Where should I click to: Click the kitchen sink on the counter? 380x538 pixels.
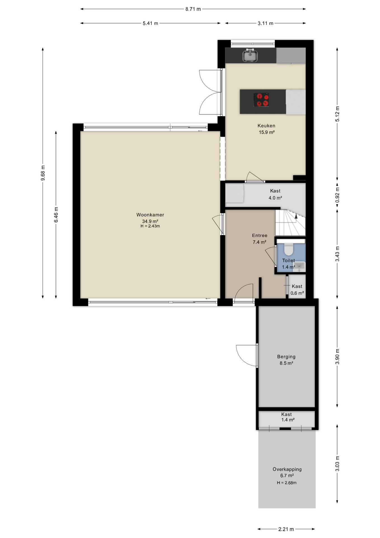click(x=250, y=55)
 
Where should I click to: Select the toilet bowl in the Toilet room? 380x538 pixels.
click(x=288, y=249)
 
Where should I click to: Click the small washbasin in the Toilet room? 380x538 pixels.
click(x=300, y=266)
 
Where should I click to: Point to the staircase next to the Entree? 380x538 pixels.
click(x=290, y=222)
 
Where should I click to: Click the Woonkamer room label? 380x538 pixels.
click(x=150, y=215)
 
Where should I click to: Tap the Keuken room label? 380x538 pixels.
click(x=266, y=126)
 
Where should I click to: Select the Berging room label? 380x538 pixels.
click(x=286, y=357)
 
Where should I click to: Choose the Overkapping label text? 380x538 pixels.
click(x=287, y=469)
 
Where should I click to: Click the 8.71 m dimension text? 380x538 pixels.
click(x=193, y=9)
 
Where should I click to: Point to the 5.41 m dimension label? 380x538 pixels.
click(x=151, y=23)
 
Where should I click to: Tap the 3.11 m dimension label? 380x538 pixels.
click(x=266, y=23)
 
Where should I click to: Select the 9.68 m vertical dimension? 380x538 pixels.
click(x=43, y=173)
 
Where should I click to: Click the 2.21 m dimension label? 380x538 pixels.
click(x=286, y=529)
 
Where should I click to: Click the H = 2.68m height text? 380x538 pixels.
click(x=287, y=483)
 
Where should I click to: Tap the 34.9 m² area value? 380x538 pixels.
click(x=150, y=221)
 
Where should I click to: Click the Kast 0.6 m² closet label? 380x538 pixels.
click(x=297, y=290)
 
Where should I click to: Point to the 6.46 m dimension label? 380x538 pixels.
click(x=56, y=215)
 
